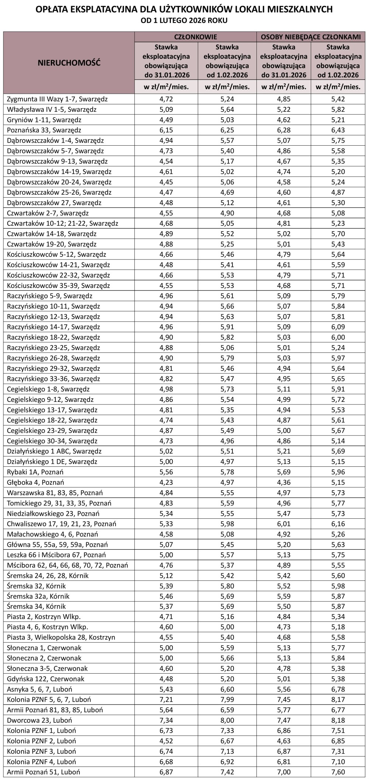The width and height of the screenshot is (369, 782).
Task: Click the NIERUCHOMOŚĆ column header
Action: (69, 63)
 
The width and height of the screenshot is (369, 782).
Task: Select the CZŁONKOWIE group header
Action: (196, 37)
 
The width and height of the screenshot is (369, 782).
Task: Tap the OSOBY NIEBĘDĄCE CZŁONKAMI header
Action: (311, 37)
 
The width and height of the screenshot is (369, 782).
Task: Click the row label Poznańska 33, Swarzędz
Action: (44, 130)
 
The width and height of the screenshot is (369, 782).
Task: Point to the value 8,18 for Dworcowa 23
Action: (338, 720)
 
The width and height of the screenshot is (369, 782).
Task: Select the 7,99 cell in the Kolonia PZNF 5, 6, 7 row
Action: (227, 699)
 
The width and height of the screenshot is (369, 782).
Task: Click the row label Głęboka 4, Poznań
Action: (36, 482)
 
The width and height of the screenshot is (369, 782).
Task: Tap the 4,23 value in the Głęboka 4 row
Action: (166, 482)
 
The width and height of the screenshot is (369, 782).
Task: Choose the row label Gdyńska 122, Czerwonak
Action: (46, 679)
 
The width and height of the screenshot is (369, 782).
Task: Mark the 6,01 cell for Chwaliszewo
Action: (284, 524)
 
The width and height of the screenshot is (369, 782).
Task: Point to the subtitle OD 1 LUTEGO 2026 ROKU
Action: (184, 21)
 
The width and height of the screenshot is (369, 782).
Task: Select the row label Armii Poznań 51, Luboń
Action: (44, 772)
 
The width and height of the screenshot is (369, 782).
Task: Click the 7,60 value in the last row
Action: (338, 772)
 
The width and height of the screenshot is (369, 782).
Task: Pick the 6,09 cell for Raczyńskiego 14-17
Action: (338, 327)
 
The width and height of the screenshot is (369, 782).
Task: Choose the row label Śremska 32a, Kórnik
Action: (38, 596)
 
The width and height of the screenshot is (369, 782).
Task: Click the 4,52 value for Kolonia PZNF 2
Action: (166, 741)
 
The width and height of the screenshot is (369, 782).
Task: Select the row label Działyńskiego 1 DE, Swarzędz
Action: (52, 462)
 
